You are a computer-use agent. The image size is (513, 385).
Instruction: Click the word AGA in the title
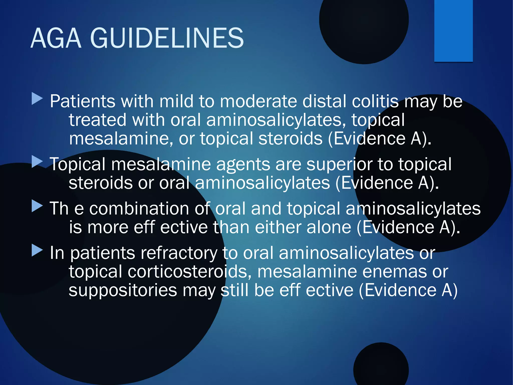[56, 38]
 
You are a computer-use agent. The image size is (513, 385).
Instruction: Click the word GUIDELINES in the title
[167, 38]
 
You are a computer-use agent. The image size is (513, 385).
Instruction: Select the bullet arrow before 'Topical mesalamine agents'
[37, 162]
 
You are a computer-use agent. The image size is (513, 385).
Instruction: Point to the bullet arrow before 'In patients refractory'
[37, 250]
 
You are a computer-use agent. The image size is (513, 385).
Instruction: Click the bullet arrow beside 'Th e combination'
[37, 206]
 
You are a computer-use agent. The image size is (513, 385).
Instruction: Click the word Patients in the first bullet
[82, 101]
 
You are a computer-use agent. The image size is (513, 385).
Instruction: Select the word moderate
[258, 101]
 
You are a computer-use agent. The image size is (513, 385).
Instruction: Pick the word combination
[139, 209]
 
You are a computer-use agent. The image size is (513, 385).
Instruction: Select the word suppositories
[123, 290]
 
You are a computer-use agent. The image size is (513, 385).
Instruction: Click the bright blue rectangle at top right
[453, 30]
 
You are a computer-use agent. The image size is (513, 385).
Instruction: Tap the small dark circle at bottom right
[381, 366]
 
